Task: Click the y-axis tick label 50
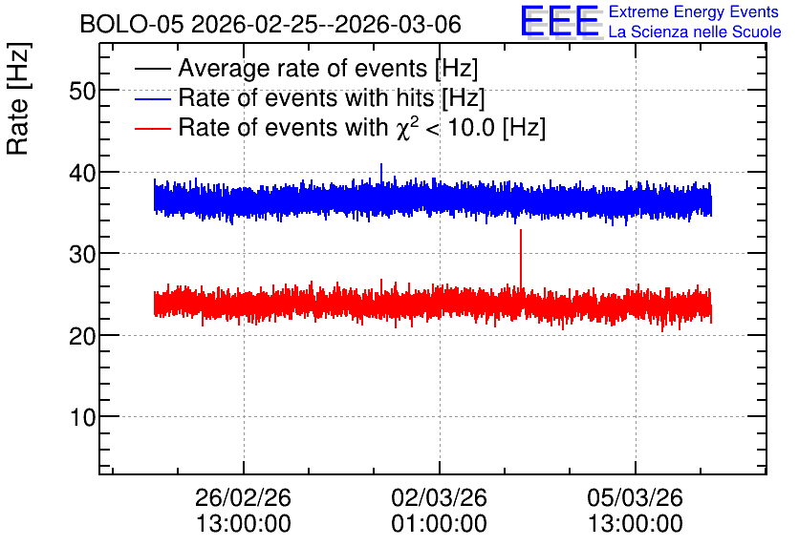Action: coord(82,92)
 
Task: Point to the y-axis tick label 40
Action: coord(82,173)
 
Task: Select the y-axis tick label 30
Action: coord(82,255)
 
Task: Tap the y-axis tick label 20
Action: coord(82,336)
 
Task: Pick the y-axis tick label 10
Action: coord(82,417)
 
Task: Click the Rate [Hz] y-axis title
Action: coord(18,99)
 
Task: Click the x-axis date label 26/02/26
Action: coord(243,497)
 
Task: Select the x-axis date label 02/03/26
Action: coord(439,497)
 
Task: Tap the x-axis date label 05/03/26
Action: coord(635,497)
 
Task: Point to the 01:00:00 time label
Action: coord(439,524)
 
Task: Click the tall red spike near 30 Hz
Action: coord(520,260)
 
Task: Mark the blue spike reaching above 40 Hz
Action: coord(381,173)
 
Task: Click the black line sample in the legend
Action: coord(152,69)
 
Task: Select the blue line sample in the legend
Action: coord(152,98)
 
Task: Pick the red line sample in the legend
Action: coord(152,128)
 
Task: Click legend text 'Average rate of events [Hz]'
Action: coord(328,69)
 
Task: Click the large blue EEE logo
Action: coord(560,21)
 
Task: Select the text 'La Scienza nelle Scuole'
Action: coord(695,32)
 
